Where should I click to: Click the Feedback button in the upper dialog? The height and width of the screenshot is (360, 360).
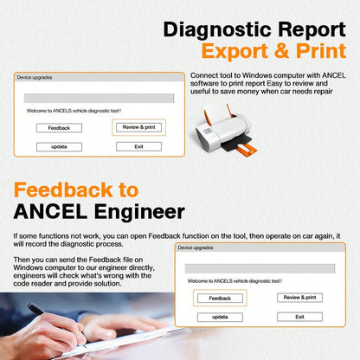coord(59,128)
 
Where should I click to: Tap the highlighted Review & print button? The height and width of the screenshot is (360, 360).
coord(138,127)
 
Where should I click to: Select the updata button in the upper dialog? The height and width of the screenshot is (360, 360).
coord(59,147)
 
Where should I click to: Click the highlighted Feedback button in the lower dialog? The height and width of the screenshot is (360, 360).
coord(220,298)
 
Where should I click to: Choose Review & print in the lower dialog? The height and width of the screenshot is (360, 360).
coord(299,298)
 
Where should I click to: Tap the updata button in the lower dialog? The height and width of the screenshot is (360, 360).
coord(220,317)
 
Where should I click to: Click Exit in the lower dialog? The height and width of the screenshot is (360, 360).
coord(299,317)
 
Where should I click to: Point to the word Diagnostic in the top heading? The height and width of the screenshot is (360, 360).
coord(217,30)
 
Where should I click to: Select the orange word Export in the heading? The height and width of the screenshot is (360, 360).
coord(235,51)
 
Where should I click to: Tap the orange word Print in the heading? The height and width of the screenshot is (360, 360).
coord(321,51)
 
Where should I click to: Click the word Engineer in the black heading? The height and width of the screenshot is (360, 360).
coord(139,212)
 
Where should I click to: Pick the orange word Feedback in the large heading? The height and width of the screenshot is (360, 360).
coord(63,190)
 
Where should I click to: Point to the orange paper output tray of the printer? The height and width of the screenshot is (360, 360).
coord(246,149)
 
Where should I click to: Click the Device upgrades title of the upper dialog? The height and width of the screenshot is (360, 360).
coord(35,78)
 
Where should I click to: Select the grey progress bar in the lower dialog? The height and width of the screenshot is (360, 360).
coord(260,268)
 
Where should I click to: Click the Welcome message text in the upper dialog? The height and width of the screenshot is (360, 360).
coord(74,111)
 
